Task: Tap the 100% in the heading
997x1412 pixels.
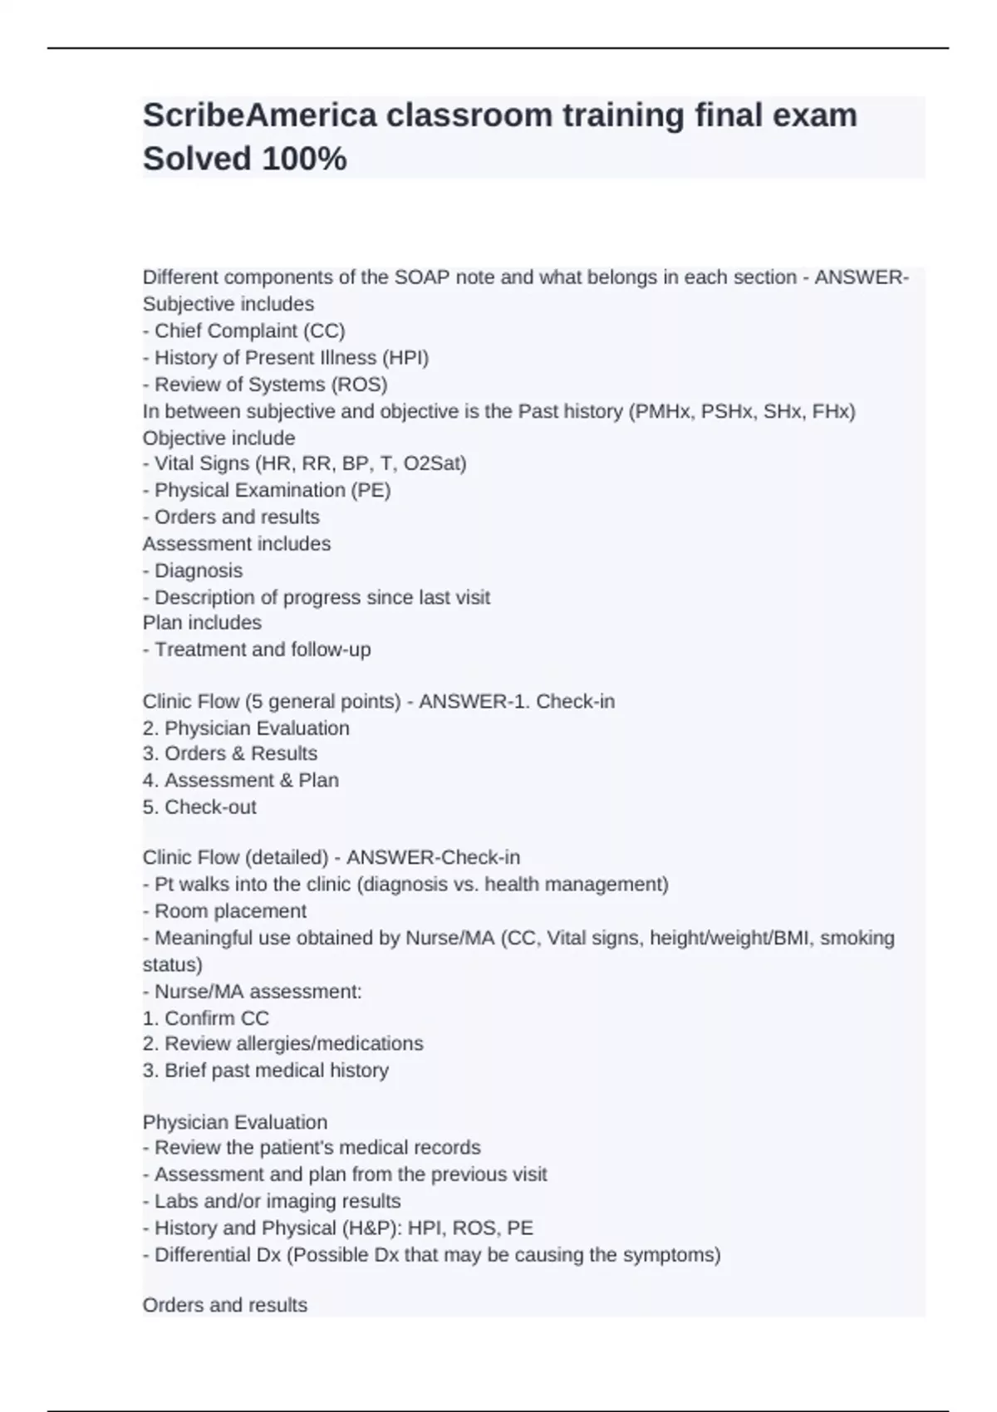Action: tap(304, 159)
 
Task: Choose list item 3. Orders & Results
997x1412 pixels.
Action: tap(230, 753)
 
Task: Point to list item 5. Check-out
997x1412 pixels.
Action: tap(199, 807)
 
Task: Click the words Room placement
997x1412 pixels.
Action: tap(230, 911)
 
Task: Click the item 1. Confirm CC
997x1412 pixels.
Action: tap(206, 1018)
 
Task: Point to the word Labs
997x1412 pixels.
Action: tap(174, 1201)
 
